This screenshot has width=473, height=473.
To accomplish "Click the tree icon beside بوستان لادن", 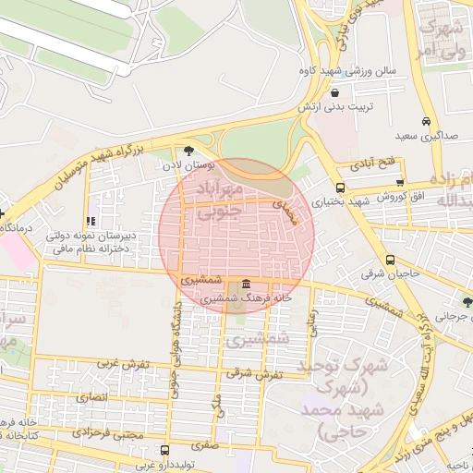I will click(x=189, y=150).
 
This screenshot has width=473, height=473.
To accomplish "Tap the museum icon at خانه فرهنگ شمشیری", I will click(x=246, y=284).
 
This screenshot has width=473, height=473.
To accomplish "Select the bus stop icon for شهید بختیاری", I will click(x=341, y=188).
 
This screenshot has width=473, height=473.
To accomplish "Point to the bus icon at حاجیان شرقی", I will click(x=390, y=261).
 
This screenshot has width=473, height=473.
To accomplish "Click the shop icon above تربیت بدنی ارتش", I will click(x=334, y=92).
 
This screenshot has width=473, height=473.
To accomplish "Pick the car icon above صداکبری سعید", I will click(x=425, y=122).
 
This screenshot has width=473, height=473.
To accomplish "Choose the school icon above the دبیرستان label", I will click(x=90, y=222).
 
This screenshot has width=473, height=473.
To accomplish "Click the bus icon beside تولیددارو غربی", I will click(x=164, y=451).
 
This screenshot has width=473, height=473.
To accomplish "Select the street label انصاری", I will click(x=92, y=396).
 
